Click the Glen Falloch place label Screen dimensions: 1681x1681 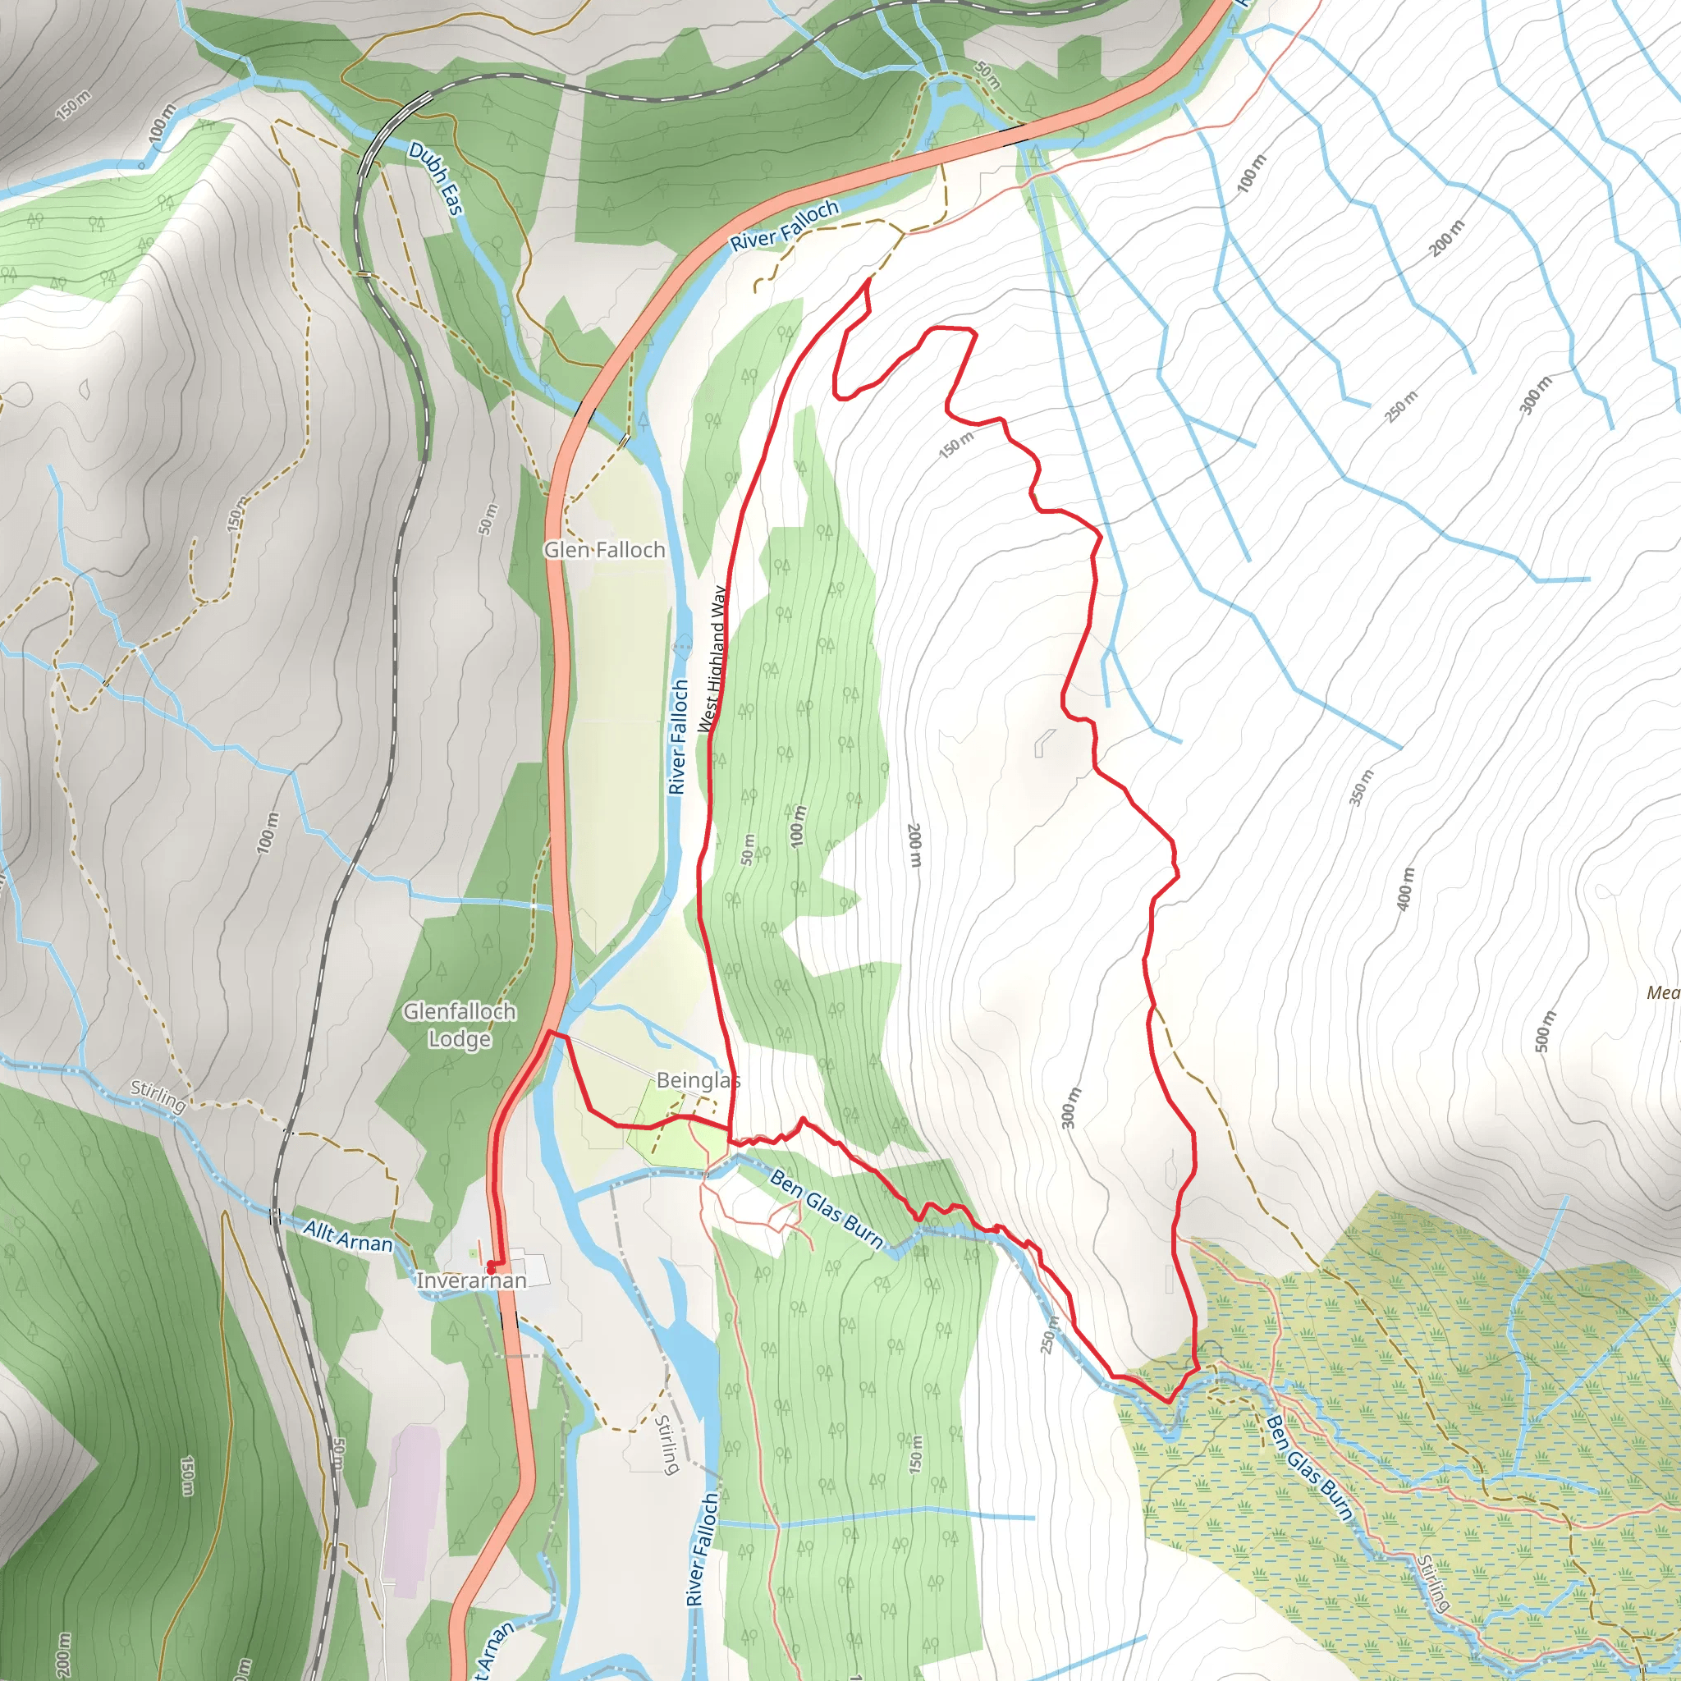tap(605, 550)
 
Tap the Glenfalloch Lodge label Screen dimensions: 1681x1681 tap(460, 1025)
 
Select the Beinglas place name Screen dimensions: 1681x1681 tap(698, 1081)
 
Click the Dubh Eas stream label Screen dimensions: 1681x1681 tap(435, 179)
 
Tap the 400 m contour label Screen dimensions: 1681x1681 tap(1406, 889)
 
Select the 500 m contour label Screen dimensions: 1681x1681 tap(1545, 1032)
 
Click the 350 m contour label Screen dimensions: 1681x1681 tap(1362, 788)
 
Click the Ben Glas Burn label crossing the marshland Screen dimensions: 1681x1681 tap(1309, 1468)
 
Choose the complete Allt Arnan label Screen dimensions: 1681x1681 tap(347, 1235)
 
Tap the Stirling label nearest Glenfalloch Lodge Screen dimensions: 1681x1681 tap(158, 1097)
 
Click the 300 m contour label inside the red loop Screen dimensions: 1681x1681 tap(1071, 1108)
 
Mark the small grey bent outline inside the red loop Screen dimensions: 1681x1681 tap(1044, 743)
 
